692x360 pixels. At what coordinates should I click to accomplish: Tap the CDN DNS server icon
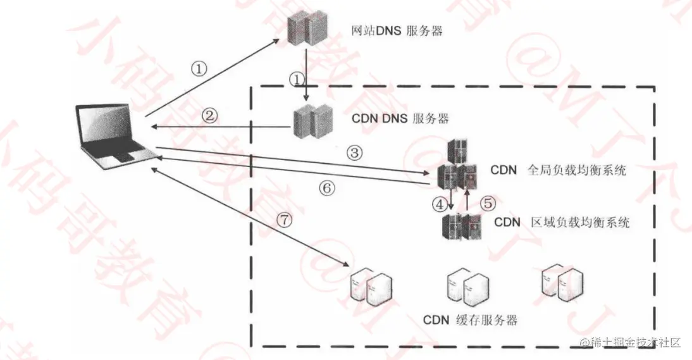pos(309,122)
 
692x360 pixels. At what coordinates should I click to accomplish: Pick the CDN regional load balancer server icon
pos(460,225)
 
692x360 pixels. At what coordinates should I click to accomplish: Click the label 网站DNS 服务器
pos(397,30)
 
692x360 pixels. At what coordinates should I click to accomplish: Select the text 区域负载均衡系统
pos(579,223)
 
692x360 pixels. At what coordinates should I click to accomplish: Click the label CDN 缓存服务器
pos(470,319)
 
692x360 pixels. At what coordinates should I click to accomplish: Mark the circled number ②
pos(210,115)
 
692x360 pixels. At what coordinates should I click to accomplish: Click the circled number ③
pos(355,152)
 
